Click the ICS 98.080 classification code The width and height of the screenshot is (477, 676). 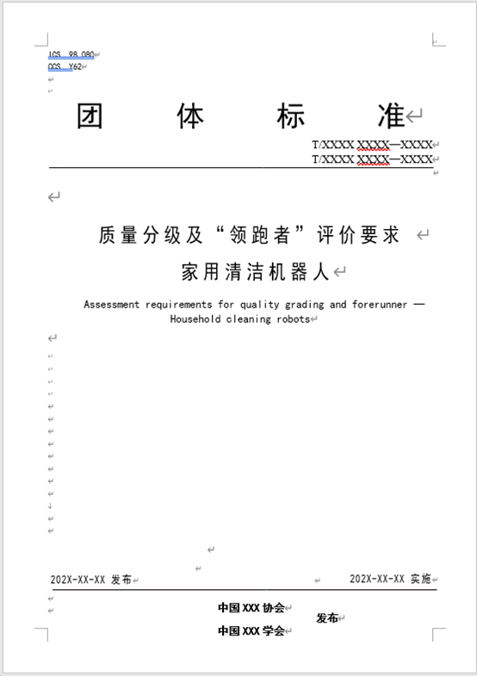71,54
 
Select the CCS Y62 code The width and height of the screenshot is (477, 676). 65,66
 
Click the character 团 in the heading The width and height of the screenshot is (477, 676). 90,116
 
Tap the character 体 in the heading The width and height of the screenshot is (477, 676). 191,116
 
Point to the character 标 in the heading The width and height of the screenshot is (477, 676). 291,116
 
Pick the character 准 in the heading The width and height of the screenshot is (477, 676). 390,116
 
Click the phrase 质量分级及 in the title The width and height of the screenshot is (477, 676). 149,235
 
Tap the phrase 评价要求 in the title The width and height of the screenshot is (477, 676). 360,235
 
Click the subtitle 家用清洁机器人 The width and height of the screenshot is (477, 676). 256,272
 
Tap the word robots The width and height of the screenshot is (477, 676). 291,319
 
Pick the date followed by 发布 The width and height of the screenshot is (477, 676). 78,580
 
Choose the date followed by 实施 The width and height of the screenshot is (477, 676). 377,580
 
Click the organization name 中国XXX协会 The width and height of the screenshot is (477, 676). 251,608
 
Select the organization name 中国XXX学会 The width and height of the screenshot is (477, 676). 251,630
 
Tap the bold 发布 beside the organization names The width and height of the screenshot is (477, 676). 327,618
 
